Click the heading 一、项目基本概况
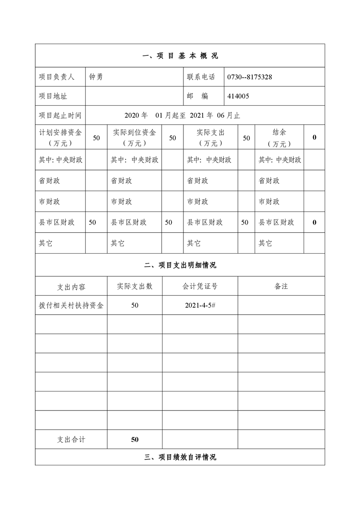(180, 56)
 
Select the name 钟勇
(96, 77)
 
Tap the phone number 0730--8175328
(250, 77)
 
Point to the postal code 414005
(238, 96)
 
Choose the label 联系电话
(201, 77)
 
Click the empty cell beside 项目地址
(134, 96)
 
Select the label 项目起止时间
(60, 115)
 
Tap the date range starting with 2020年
(182, 115)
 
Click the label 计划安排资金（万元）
(60, 137)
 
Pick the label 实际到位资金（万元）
(134, 137)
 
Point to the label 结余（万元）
(279, 137)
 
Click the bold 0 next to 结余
(314, 137)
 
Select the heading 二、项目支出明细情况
(180, 265)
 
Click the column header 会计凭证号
(200, 286)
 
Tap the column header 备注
(281, 286)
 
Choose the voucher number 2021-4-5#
(200, 305)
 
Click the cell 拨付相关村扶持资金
(71, 305)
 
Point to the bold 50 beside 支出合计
(135, 439)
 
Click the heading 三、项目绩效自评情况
(180, 457)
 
